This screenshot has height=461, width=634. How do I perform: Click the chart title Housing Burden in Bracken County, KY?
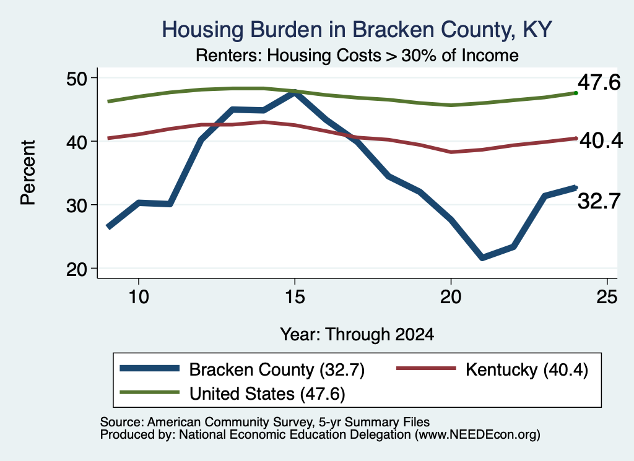click(357, 30)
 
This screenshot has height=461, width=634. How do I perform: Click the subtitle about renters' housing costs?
click(357, 55)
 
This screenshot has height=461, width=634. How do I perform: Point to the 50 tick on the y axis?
click(77, 79)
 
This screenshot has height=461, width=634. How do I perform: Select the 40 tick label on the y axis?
click(77, 142)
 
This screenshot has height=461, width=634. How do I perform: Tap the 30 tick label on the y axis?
click(77, 205)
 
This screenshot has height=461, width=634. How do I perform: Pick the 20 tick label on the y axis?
click(77, 269)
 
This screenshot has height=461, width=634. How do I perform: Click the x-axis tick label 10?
click(139, 297)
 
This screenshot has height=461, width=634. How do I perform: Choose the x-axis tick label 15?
click(295, 297)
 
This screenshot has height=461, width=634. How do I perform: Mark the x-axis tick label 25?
click(607, 297)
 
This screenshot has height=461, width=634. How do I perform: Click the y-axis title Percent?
click(28, 173)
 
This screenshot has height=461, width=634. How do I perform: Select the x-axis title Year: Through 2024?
click(357, 335)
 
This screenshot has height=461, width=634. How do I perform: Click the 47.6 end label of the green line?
click(599, 82)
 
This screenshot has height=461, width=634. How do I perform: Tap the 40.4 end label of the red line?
click(601, 140)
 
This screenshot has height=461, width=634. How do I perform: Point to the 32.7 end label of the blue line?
click(599, 201)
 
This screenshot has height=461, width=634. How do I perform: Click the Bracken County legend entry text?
click(277, 369)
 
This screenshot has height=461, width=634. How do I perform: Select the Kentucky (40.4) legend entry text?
click(527, 369)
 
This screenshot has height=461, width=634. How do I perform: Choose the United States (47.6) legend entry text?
click(267, 394)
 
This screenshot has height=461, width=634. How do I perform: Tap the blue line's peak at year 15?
click(295, 93)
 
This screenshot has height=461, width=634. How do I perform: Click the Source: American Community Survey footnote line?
click(265, 422)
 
